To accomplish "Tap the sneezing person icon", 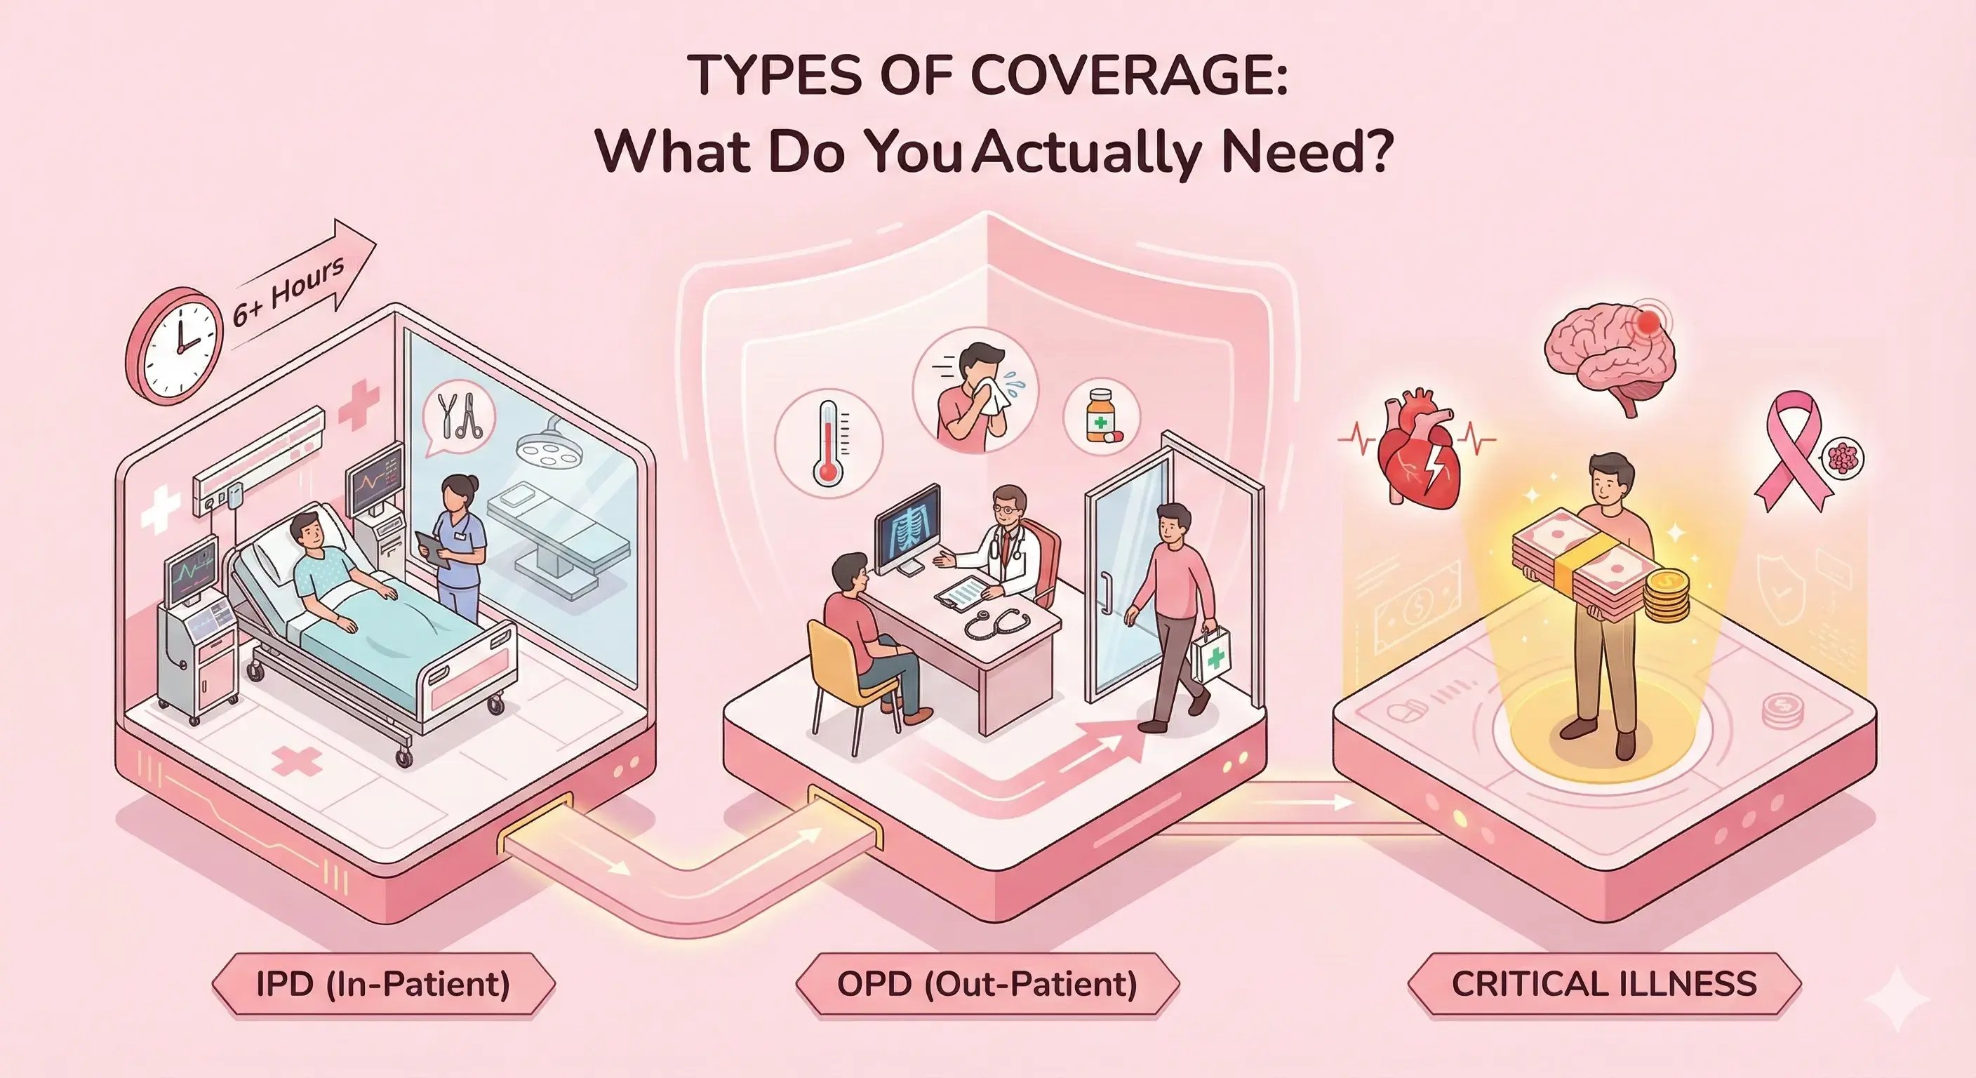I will [975, 392].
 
